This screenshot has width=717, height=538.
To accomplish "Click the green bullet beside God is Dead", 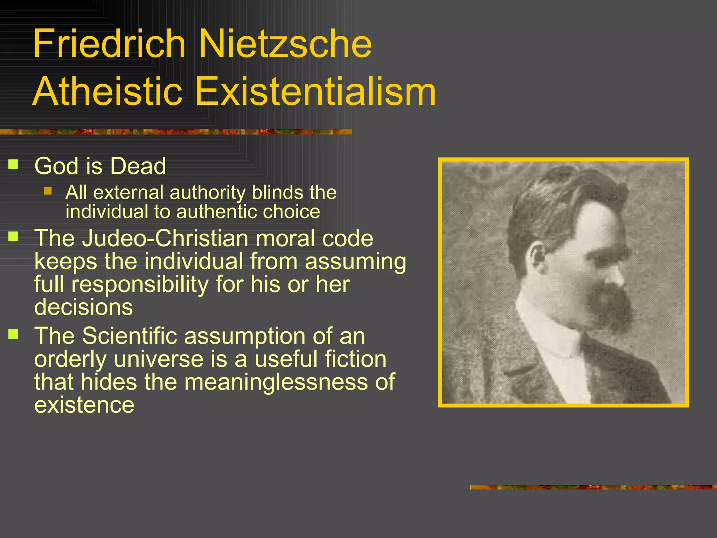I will tap(13, 164).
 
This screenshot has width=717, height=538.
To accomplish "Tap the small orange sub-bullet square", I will tap(48, 191).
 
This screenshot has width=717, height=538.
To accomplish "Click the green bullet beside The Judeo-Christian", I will tap(13, 236).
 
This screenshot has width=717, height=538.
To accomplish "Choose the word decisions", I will tap(84, 307).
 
